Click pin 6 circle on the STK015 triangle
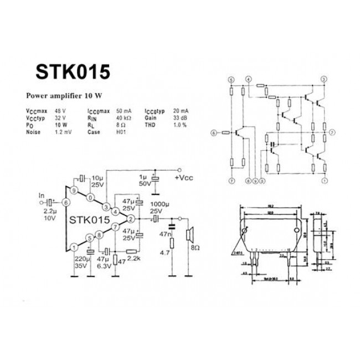pos(67,203)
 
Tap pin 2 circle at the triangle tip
pos(130,219)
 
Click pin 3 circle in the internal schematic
pos(323,79)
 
